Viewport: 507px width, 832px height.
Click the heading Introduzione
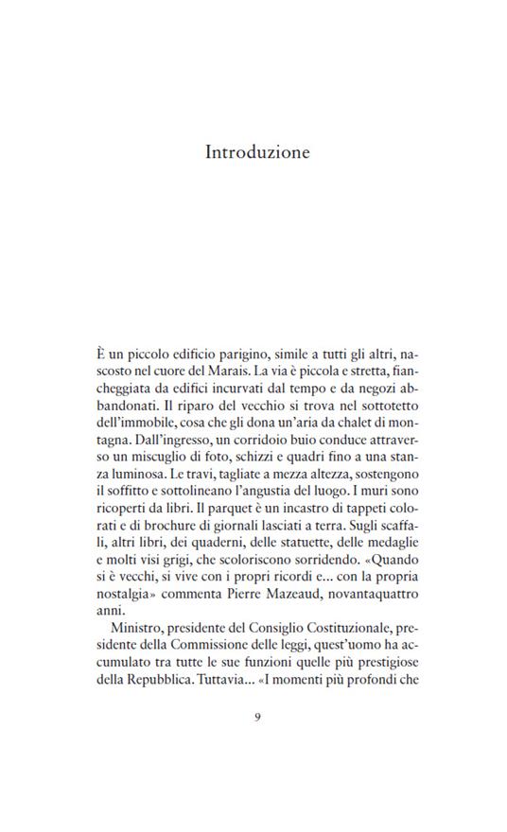(x=257, y=152)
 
